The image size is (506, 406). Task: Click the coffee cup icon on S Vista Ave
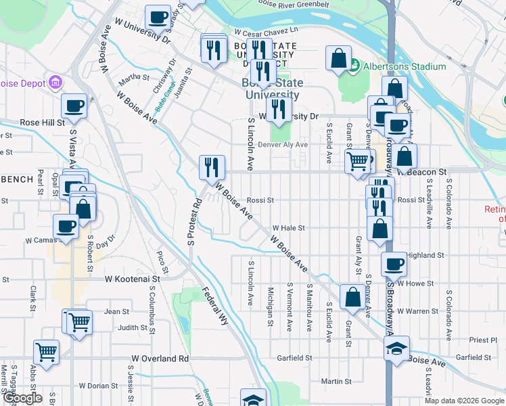click(74, 106)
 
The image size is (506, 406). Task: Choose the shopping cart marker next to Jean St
click(78, 321)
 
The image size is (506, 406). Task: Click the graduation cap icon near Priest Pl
click(396, 350)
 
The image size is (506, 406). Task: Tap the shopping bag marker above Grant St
click(352, 296)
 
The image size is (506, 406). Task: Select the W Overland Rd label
click(160, 358)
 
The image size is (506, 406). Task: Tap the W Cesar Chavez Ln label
click(266, 31)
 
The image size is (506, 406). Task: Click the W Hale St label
click(289, 228)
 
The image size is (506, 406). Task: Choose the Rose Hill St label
click(42, 122)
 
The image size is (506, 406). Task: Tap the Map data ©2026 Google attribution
click(464, 401)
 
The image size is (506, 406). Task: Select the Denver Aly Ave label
click(283, 145)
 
